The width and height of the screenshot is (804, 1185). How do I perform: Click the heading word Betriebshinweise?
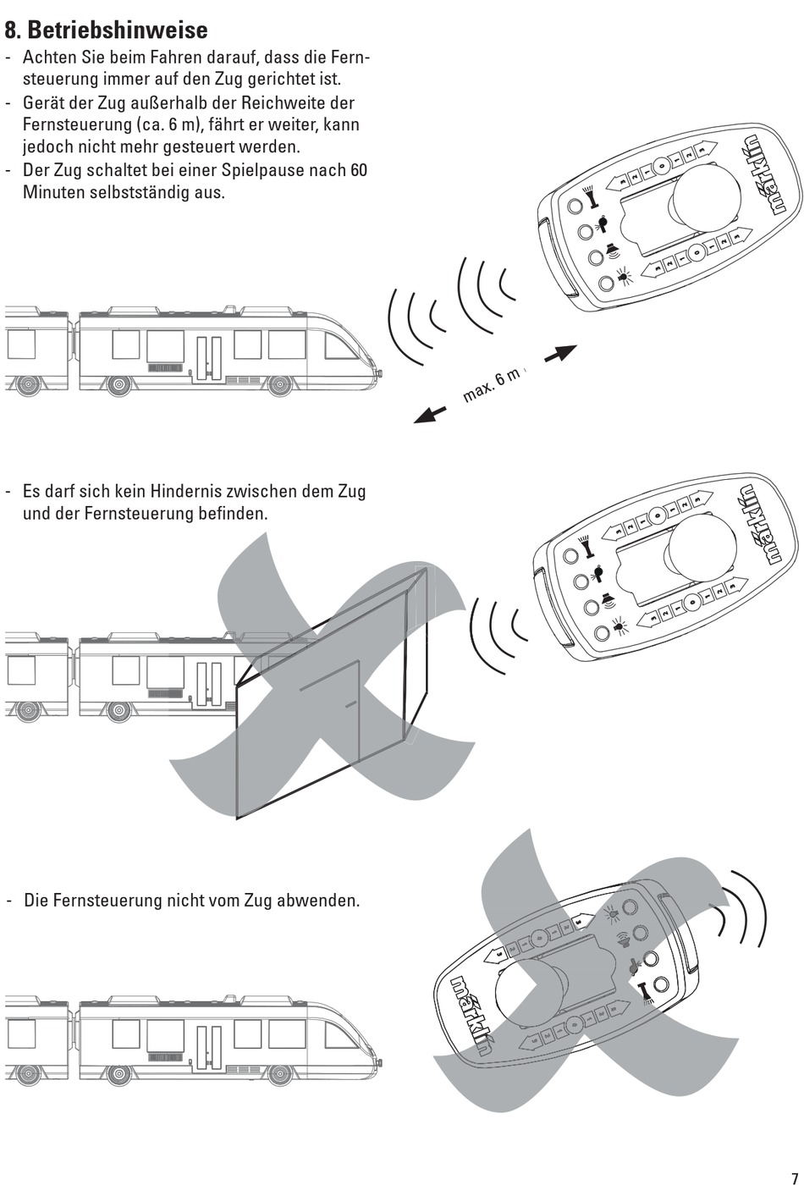[x=118, y=30]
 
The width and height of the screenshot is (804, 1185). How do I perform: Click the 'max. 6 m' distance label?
[x=491, y=385]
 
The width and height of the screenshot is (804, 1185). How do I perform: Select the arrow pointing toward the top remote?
[x=560, y=353]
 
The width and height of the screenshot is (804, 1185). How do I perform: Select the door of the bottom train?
[x=209, y=1045]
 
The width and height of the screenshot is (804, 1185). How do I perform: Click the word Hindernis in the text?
[x=184, y=492]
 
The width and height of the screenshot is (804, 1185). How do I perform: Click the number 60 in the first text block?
[x=358, y=170]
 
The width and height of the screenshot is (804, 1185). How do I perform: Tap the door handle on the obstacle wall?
[x=350, y=703]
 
